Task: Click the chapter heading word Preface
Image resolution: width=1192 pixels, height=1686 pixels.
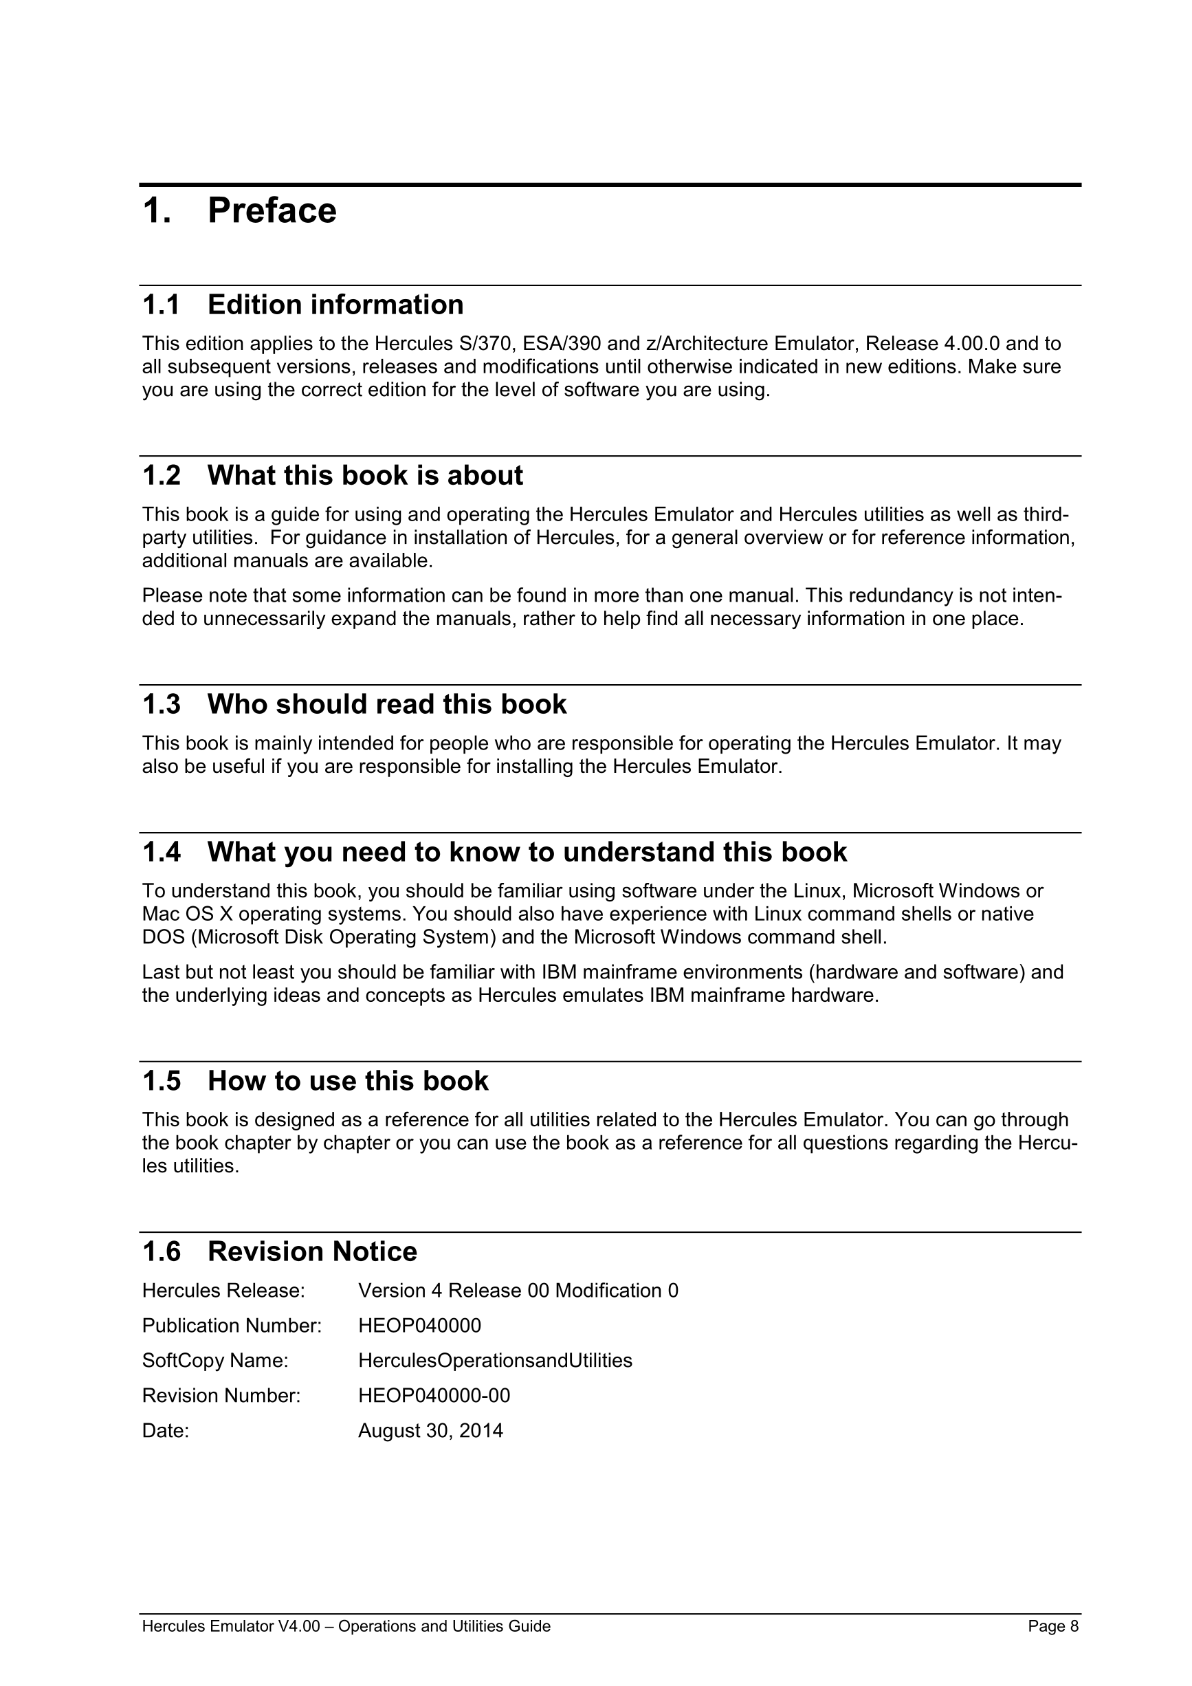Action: pos(272,212)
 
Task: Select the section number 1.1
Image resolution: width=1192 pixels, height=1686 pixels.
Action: pos(161,305)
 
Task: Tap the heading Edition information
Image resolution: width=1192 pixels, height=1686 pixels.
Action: pos(335,305)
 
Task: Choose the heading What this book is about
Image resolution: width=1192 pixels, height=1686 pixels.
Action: pos(365,476)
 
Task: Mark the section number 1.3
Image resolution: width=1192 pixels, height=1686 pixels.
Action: pos(161,704)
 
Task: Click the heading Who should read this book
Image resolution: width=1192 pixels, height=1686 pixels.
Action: pos(387,704)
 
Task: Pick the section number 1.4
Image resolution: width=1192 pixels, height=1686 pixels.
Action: pos(161,853)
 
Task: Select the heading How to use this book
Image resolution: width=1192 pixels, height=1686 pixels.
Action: pos(348,1081)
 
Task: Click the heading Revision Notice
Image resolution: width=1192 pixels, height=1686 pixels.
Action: pos(312,1251)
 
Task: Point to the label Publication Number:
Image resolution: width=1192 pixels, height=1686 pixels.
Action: pos(232,1326)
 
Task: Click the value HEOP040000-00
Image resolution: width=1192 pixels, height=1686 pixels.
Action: pos(434,1395)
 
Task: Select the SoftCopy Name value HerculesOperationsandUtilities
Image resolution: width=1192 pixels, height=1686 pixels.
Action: pos(495,1361)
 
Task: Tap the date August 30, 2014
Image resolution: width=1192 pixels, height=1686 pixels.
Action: pos(430,1430)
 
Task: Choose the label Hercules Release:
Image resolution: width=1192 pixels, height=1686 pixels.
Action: pos(223,1290)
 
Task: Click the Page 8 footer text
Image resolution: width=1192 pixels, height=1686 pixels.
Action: pos(1053,1626)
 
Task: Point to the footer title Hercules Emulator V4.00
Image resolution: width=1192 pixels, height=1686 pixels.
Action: pos(230,1626)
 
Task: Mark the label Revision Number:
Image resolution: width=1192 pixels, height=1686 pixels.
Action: pos(221,1395)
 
